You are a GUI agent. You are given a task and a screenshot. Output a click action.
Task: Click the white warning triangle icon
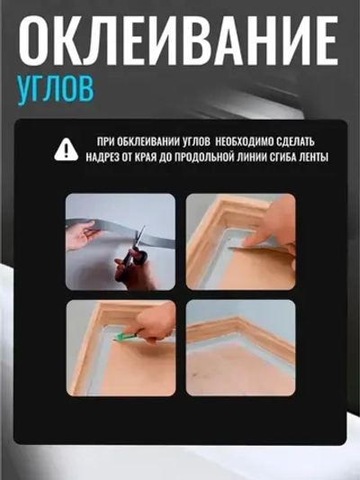66,149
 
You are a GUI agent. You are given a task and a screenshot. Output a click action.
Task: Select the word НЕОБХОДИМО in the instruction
247,142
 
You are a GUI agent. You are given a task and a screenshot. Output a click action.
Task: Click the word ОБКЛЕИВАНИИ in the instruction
149,142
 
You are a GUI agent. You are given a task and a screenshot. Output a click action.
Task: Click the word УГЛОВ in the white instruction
197,142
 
